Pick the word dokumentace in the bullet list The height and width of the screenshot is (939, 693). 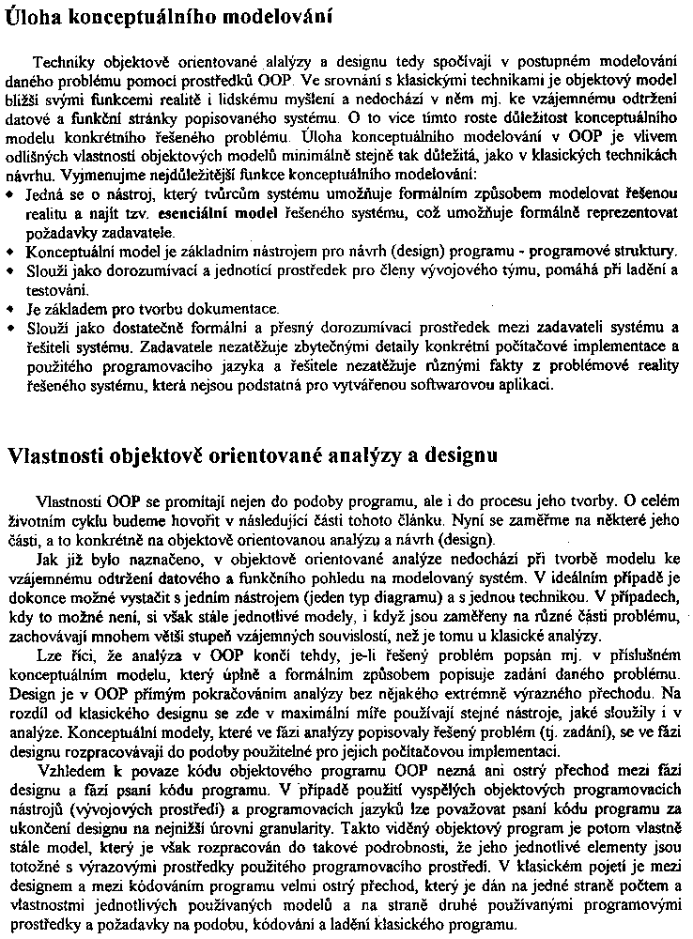234,309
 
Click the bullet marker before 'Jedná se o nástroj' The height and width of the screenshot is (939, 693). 9,194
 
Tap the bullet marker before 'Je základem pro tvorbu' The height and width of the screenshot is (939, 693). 9,309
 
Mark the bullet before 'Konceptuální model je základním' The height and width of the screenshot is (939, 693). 9,252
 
